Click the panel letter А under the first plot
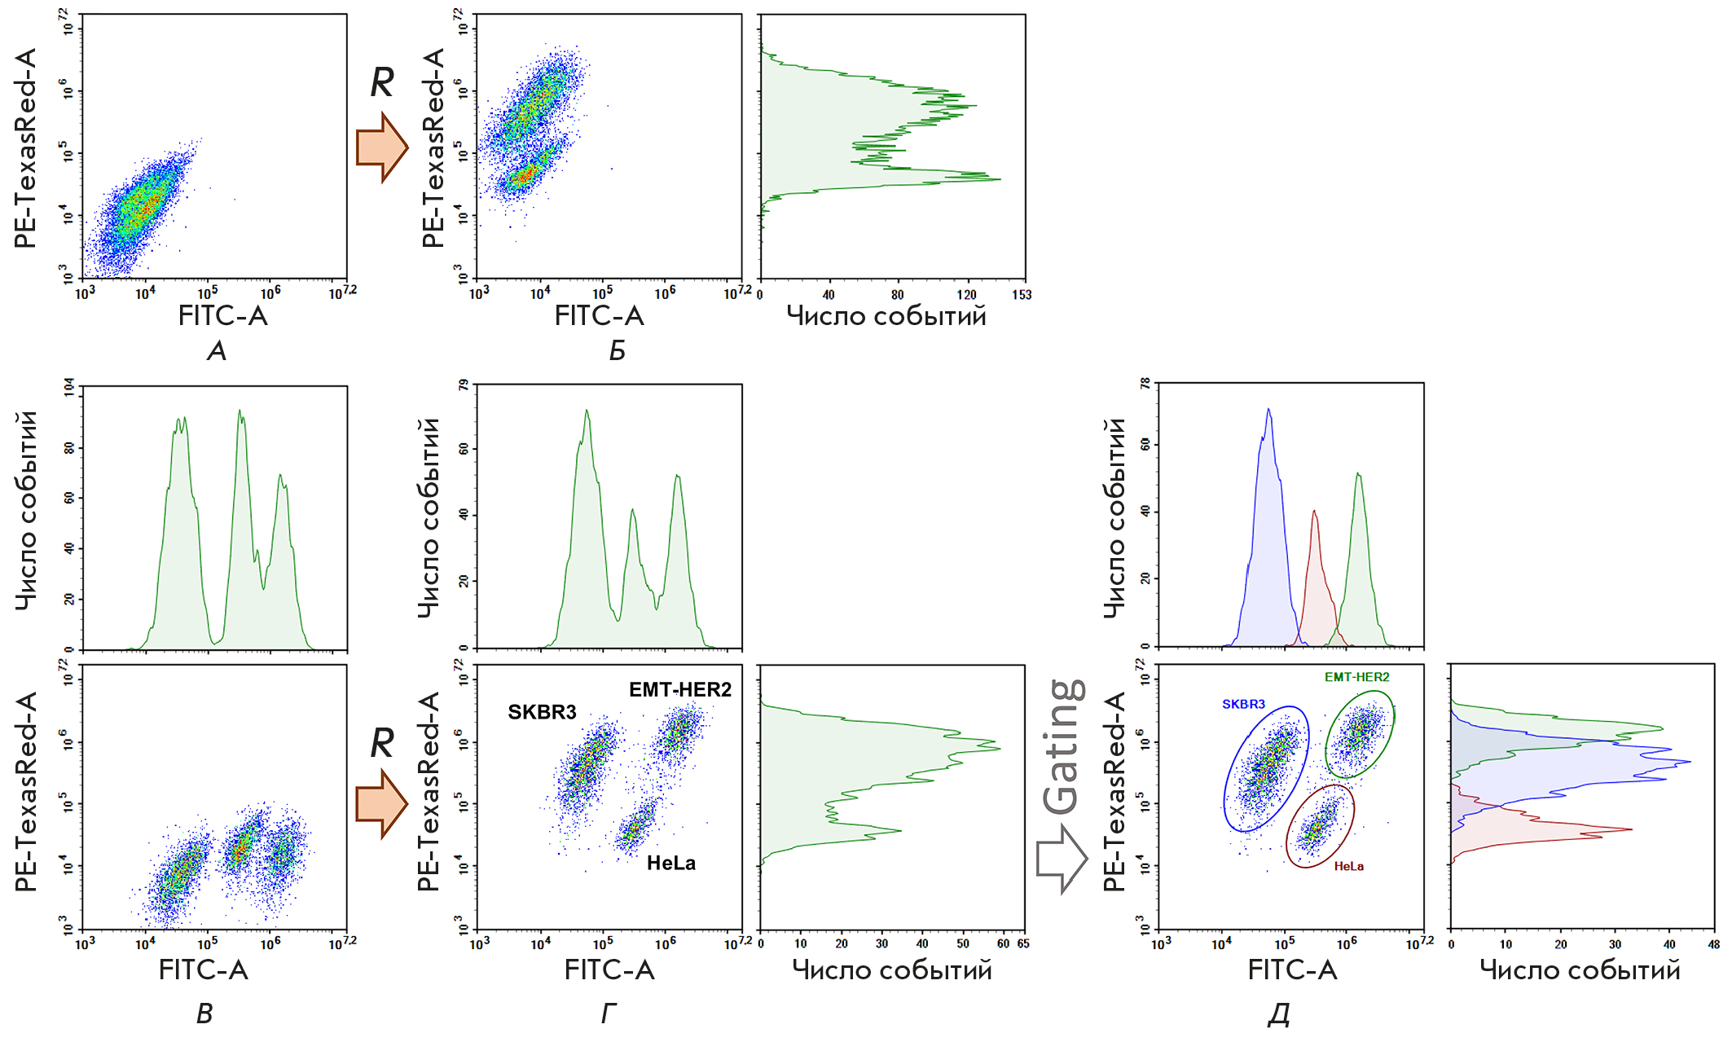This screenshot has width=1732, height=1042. point(216,351)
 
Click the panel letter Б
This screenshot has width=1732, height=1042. point(617,351)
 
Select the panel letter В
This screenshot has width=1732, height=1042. point(204,1013)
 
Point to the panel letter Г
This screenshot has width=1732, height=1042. point(609,1013)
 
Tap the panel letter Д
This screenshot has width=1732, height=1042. point(1279,1013)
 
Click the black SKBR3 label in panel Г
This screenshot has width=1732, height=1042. point(542,712)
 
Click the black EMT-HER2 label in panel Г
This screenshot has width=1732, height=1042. point(679,689)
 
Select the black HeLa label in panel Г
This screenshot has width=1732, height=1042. point(670,863)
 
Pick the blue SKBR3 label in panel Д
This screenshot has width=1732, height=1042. point(1243,704)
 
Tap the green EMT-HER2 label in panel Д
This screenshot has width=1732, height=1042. point(1356,677)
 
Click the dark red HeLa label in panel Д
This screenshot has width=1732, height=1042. point(1348,866)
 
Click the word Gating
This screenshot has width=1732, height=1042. point(1064,746)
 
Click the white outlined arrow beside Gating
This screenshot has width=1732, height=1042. point(1062,859)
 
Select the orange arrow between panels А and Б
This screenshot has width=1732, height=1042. point(381,147)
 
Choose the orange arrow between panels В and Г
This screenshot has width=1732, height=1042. point(381,804)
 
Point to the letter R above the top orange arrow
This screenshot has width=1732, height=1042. point(382,81)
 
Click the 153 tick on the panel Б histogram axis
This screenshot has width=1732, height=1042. point(1022,295)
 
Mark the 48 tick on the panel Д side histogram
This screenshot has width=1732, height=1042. point(1713,944)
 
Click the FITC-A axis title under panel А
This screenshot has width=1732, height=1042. point(222,316)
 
